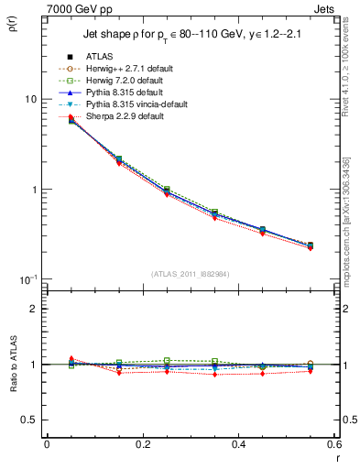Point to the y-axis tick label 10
tap(29, 99)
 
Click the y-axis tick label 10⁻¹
tap(27, 278)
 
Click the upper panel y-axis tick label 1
tap(33, 190)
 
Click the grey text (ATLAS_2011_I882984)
tap(190, 274)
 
